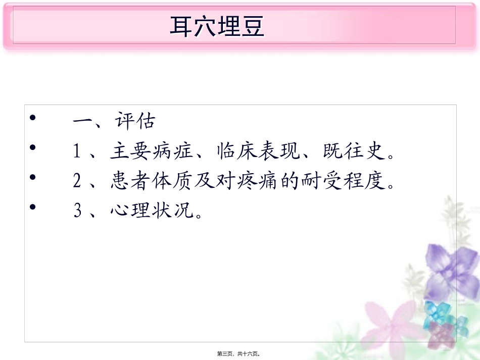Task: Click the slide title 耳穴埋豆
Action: (x=217, y=27)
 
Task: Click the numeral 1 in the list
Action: (x=77, y=151)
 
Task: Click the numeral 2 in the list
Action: (x=77, y=181)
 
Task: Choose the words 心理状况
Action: (x=152, y=211)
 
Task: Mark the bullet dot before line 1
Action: (x=33, y=148)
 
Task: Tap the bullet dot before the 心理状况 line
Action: (x=33, y=207)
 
